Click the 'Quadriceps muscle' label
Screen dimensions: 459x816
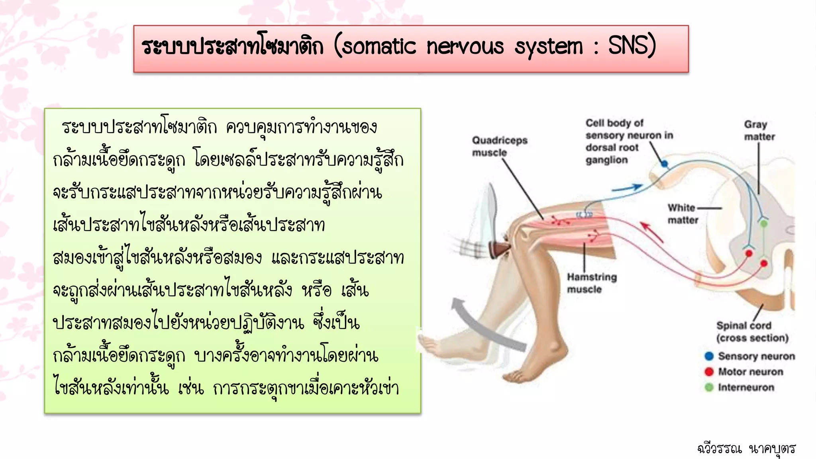coord(500,146)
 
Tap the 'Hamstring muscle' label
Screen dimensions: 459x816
coord(591,283)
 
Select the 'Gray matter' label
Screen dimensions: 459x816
coord(759,131)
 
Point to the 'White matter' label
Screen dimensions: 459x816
coord(683,214)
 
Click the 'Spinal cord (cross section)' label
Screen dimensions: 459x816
coord(752,331)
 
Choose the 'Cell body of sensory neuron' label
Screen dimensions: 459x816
coord(629,141)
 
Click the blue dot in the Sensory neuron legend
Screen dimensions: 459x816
coord(709,356)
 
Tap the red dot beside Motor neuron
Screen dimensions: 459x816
coord(709,372)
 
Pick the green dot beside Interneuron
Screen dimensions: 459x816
coord(709,387)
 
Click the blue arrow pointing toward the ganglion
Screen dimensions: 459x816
coord(627,188)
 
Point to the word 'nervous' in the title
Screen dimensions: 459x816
coord(465,47)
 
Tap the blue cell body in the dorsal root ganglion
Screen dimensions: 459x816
coord(664,163)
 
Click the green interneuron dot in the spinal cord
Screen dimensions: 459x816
coord(764,224)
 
